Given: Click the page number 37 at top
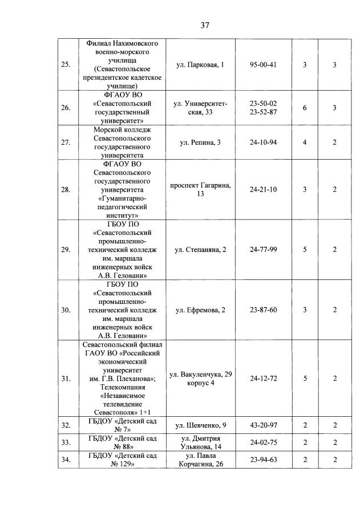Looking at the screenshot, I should click(x=206, y=25).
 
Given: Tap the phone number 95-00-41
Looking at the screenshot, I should click(x=263, y=65).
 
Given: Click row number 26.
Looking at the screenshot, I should click(x=66, y=108).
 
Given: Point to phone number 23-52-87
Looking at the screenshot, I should click(x=263, y=112).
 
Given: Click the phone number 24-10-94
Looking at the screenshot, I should click(x=263, y=142).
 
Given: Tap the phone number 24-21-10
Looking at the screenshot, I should click(x=263, y=190).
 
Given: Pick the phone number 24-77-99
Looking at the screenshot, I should click(x=263, y=249).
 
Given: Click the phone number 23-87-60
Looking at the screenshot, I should click(x=263, y=310).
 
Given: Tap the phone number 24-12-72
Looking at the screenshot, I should click(x=263, y=379).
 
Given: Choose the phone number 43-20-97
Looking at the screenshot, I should click(x=263, y=425).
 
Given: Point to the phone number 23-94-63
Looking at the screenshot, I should click(x=263, y=460).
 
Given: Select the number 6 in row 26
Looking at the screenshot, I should click(x=305, y=108).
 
